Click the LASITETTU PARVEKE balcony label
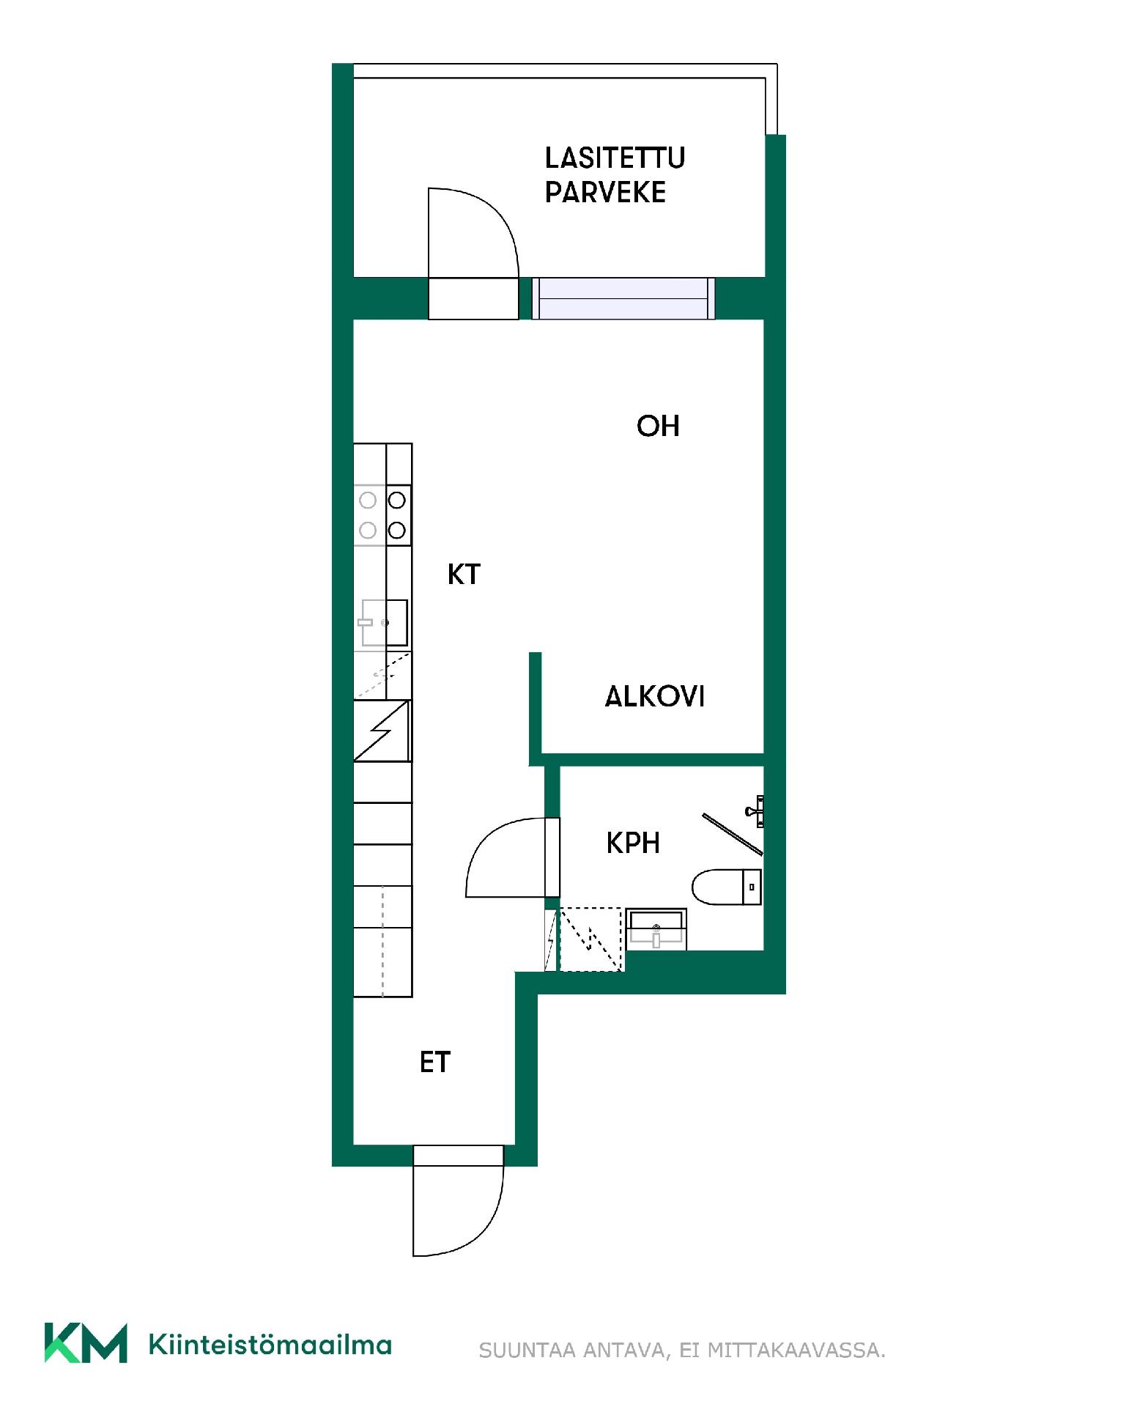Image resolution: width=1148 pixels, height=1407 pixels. click(x=615, y=175)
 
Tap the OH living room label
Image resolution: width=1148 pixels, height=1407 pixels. click(x=658, y=426)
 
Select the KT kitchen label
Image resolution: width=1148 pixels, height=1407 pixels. click(x=464, y=575)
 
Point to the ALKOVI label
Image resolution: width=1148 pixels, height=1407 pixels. click(x=654, y=696)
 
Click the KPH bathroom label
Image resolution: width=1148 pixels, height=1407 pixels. click(x=633, y=843)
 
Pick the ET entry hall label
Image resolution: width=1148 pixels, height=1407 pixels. click(x=434, y=1063)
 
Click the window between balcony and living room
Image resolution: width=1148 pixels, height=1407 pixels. click(x=623, y=298)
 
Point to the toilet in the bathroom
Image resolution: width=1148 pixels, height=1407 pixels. click(x=727, y=887)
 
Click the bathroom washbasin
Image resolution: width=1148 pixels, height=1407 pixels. click(x=656, y=930)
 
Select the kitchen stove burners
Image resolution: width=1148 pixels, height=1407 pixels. click(x=382, y=514)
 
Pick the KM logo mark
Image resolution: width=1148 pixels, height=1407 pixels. click(x=86, y=1343)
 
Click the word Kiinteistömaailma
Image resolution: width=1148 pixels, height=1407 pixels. click(x=270, y=1344)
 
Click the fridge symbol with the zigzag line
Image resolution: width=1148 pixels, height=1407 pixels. click(x=382, y=731)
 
